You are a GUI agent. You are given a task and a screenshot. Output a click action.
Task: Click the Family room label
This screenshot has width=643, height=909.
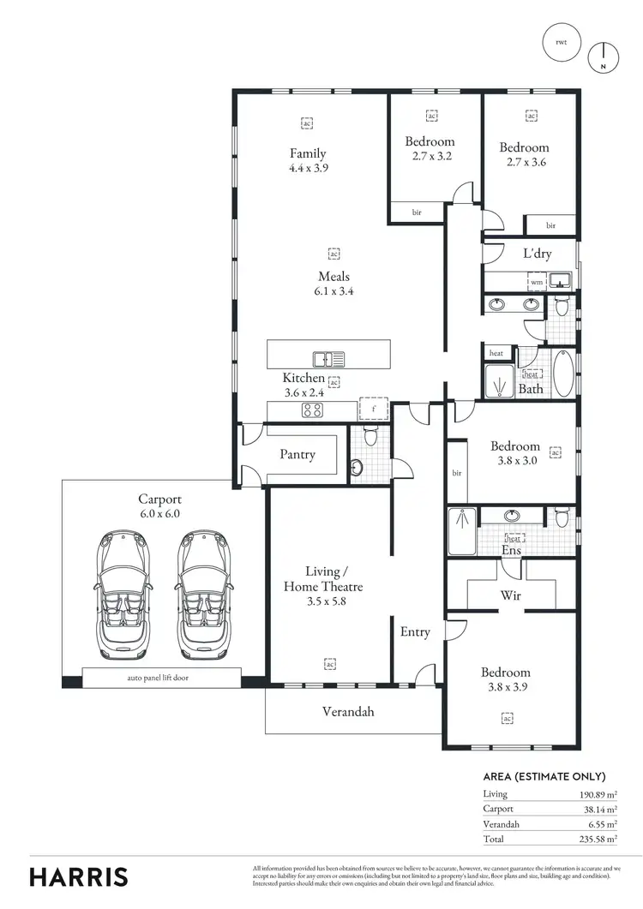point(308,154)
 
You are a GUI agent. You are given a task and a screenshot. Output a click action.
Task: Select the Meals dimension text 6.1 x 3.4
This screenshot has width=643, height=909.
point(334,290)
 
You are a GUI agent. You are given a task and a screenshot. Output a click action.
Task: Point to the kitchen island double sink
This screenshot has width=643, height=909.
point(328,359)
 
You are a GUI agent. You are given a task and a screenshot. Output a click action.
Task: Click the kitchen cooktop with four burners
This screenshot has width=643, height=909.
point(311,410)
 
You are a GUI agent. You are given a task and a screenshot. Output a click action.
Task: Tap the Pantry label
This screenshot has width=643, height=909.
point(297,455)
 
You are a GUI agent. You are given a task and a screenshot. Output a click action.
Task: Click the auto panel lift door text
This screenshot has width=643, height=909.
point(159,678)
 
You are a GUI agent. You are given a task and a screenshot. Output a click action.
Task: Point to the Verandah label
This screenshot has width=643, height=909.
point(348,711)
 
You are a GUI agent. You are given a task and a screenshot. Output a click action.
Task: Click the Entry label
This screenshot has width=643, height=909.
point(415,632)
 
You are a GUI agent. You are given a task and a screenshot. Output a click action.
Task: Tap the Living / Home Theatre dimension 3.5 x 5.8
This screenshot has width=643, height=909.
point(323,601)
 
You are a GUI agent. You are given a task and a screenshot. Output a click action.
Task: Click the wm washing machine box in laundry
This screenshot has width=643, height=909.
point(536,282)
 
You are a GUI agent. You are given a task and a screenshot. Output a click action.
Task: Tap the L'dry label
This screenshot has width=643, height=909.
point(537,254)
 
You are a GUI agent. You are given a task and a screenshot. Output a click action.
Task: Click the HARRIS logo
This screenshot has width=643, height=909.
point(79,876)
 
